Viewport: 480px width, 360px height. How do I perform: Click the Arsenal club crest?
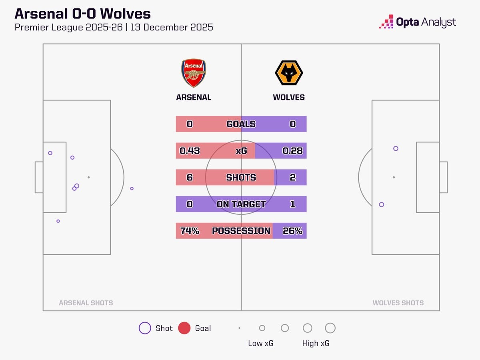[x=194, y=73]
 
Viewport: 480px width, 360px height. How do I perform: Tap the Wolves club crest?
[x=289, y=73]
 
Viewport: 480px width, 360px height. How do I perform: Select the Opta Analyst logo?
[x=418, y=22]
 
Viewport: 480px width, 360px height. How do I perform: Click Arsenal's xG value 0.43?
[x=190, y=151]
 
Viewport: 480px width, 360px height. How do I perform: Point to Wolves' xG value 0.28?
[x=292, y=151]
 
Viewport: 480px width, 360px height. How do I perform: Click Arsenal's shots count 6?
[x=190, y=177]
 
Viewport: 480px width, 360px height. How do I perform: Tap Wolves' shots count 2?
[x=292, y=177]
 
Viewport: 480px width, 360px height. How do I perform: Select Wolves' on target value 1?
[x=292, y=204]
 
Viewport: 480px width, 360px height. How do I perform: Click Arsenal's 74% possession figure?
[x=190, y=231]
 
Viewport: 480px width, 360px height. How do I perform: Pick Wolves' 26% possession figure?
[x=292, y=231]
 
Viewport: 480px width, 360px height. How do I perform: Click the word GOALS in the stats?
[x=241, y=124]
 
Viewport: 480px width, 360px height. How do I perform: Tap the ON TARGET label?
[x=241, y=204]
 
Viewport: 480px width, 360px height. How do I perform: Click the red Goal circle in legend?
[x=184, y=328]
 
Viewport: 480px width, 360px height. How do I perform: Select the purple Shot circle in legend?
[x=145, y=328]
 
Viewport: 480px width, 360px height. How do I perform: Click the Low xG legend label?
[x=261, y=343]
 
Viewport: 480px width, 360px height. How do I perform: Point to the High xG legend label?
[x=316, y=343]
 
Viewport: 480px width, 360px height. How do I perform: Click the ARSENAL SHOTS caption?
[x=86, y=303]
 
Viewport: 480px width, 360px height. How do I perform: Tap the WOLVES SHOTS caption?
[x=398, y=303]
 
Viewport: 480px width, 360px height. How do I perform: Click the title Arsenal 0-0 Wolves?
[x=83, y=14]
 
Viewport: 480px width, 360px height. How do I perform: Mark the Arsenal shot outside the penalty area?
[x=132, y=188]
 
